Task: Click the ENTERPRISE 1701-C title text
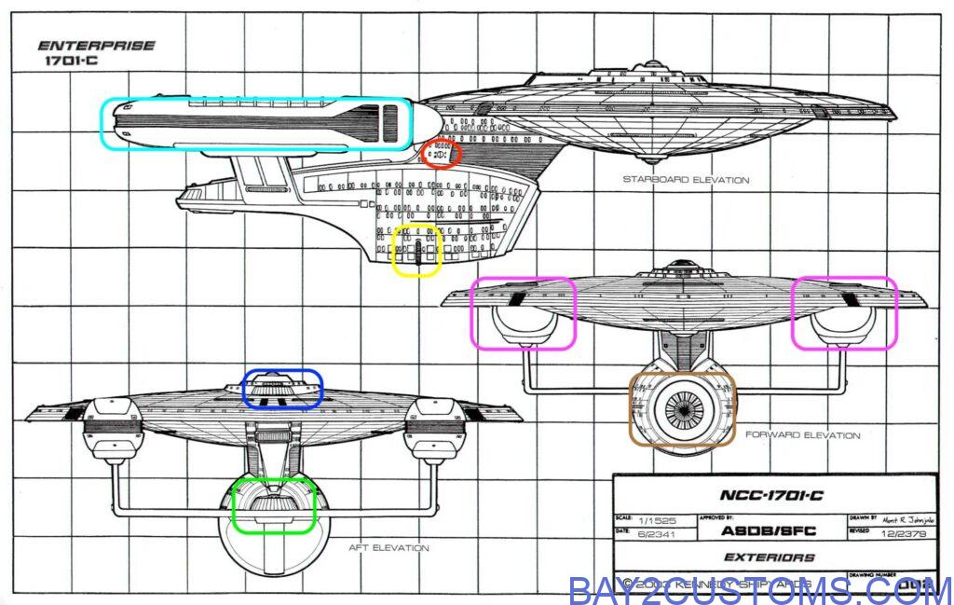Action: point(95,52)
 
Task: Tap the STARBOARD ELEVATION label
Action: point(686,180)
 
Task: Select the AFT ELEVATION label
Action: point(388,548)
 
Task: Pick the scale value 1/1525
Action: point(652,519)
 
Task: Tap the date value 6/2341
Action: point(652,531)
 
